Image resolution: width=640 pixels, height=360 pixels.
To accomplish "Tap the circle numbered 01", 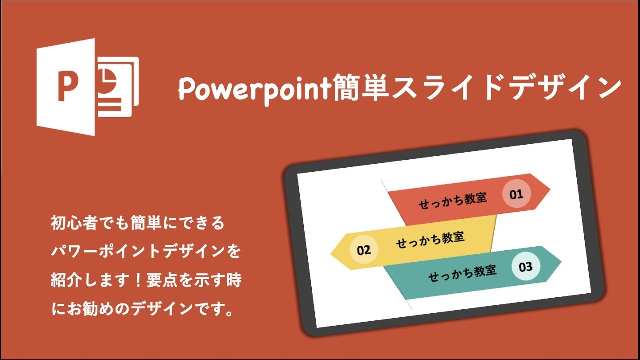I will coord(516,194).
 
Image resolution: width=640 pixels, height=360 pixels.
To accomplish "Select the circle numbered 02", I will coord(364,250).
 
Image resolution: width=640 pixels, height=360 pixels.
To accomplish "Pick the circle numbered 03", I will coord(526,266).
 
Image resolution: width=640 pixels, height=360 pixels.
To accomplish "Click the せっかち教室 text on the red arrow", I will coord(453,200).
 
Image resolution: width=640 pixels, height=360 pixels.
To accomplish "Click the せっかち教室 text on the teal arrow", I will coord(462,273).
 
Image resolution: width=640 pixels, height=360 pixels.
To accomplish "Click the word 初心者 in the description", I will coord(70,223).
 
